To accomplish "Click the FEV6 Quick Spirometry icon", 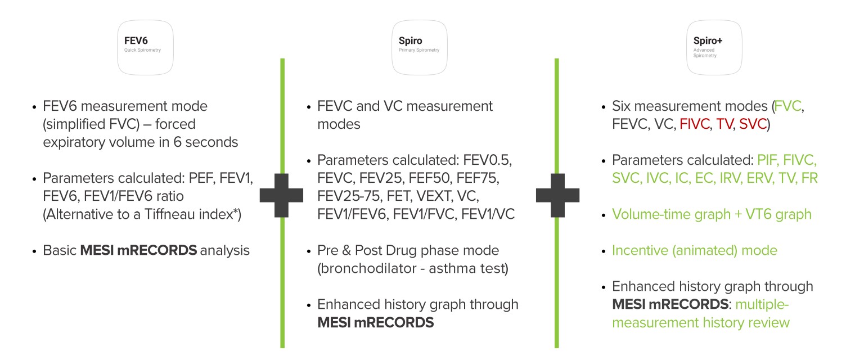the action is pos(145,47).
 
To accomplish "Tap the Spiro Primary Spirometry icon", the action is pos(419,47).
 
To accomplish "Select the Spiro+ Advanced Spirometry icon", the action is pos(714,47).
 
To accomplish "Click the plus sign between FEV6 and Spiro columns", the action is pos(282,195).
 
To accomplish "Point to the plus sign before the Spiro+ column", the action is pos(558,195).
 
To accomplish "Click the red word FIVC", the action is pos(694,124).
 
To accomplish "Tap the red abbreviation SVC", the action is pos(753,124).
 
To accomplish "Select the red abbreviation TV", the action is pos(724,124).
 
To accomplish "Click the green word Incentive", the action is pos(640,250).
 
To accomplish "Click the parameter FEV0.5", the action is pos(487,160).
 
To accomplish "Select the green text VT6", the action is pos(757,214).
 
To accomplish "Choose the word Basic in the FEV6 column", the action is pos(60,250).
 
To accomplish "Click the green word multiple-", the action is pos(762,304).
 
